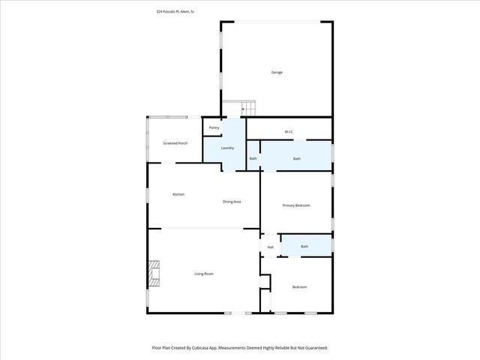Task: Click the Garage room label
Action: [277, 72]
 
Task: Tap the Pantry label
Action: [214, 128]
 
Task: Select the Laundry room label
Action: [227, 148]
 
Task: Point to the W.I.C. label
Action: [289, 132]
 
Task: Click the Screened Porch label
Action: [175, 143]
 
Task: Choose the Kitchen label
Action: [178, 194]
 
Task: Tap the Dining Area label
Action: [231, 202]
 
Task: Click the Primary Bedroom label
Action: [295, 205]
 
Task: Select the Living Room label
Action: [203, 274]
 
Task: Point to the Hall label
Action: [270, 247]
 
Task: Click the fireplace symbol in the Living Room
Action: [154, 274]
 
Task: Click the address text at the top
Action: [175, 11]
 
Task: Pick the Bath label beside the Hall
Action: [304, 246]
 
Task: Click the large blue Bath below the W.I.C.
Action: [297, 158]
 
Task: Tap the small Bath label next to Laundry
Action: [253, 158]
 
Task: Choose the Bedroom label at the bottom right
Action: [299, 287]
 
